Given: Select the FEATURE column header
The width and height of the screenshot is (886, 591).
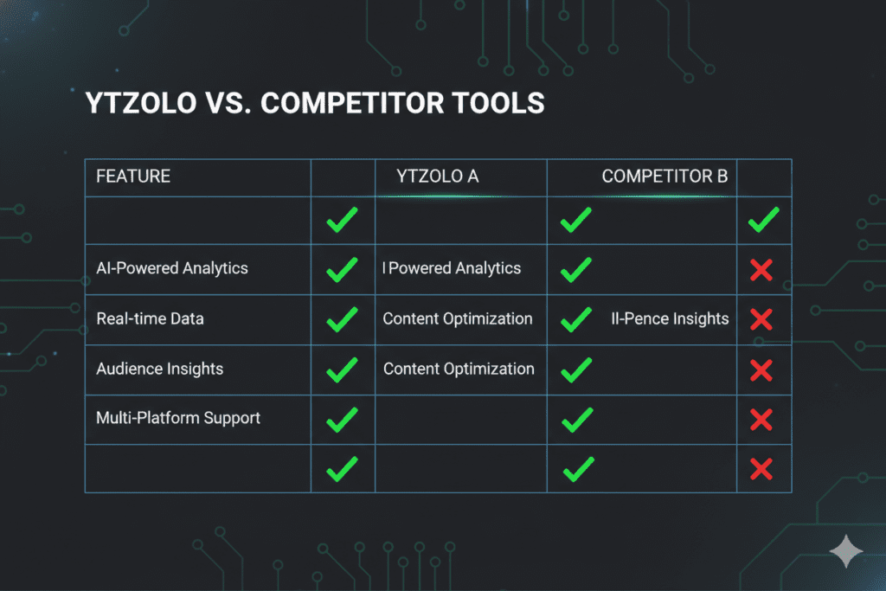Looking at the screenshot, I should coord(133,177).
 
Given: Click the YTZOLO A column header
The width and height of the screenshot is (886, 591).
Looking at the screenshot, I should coord(437,177).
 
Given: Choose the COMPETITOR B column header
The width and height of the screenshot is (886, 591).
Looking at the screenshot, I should coord(664,177).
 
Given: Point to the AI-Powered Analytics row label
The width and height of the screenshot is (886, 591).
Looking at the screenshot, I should coord(172,268).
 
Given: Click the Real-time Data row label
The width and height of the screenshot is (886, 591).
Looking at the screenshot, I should coord(151,318).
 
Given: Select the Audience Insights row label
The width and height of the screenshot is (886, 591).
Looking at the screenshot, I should coord(160,369).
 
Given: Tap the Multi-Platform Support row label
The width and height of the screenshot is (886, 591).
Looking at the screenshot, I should coord(178,418).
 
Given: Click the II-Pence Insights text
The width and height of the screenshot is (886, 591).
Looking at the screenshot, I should coord(670,318).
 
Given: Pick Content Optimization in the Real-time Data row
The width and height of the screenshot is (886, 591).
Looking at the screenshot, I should coord(458,318).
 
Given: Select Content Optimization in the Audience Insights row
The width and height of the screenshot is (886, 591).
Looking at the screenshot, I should coord(459,369).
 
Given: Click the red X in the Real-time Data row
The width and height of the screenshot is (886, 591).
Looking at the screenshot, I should coord(761,320).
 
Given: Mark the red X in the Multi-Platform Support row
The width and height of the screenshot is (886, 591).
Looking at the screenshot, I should coord(761,421).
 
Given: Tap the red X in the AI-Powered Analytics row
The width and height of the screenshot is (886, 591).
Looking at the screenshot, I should coord(761,271).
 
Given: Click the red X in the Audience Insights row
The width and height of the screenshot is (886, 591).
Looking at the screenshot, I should coord(761,370).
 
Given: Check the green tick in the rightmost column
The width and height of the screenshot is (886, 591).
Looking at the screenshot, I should coord(762,220).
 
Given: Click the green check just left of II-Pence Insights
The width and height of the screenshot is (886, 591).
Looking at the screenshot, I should coord(576,320).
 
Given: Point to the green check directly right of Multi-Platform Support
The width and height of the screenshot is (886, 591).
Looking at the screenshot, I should coord(342,421).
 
